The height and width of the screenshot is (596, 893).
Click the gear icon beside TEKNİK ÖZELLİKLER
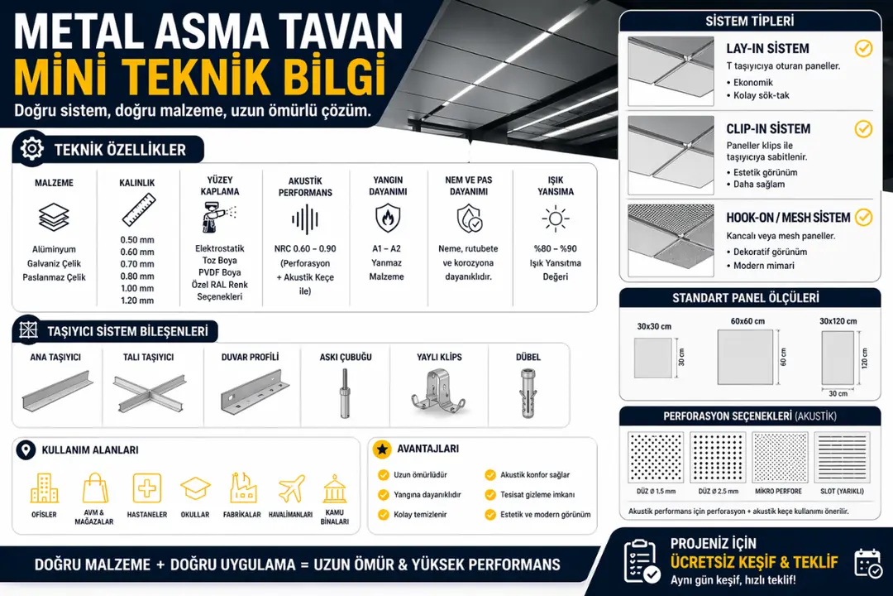click(31, 149)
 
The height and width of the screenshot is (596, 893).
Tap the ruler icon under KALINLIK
click(138, 210)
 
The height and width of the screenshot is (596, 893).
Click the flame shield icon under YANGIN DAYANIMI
click(386, 219)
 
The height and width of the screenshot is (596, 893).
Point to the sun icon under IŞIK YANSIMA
click(555, 219)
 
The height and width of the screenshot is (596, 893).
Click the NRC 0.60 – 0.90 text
click(305, 248)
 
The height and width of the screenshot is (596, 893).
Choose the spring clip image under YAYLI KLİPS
click(438, 391)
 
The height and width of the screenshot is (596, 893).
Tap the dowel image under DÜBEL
click(528, 392)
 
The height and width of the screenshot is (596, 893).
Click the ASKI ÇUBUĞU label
click(346, 357)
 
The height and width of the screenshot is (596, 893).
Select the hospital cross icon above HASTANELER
click(147, 488)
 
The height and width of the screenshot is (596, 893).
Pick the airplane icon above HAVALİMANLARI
click(291, 488)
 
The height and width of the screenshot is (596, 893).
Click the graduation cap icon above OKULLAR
click(195, 488)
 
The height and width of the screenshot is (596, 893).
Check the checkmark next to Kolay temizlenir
click(383, 515)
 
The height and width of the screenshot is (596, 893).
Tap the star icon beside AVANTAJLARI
click(382, 449)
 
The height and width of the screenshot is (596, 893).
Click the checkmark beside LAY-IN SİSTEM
click(863, 48)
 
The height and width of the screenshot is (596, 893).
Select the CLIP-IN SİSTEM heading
click(768, 129)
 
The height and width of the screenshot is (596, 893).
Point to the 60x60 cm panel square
click(745, 357)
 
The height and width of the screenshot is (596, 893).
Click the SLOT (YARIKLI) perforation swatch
click(842, 458)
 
